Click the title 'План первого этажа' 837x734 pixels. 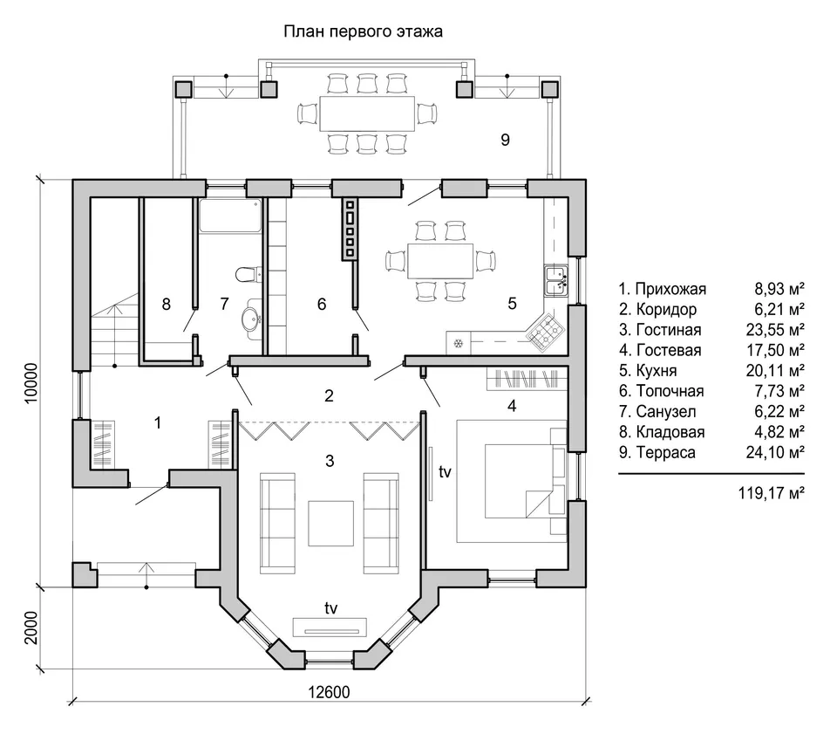tap(363, 32)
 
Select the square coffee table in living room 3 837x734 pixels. tap(331, 523)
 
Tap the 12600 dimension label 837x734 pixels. tap(329, 692)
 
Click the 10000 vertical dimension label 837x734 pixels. tap(31, 383)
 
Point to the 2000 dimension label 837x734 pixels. tap(31, 628)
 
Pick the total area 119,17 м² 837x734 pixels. tap(772, 492)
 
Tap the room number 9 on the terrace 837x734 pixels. tap(505, 140)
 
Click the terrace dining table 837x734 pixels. tap(367, 113)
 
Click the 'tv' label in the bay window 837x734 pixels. tap(331, 608)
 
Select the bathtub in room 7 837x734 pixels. tap(230, 216)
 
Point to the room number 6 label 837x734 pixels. tap(322, 304)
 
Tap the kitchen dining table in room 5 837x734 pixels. tap(440, 261)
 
